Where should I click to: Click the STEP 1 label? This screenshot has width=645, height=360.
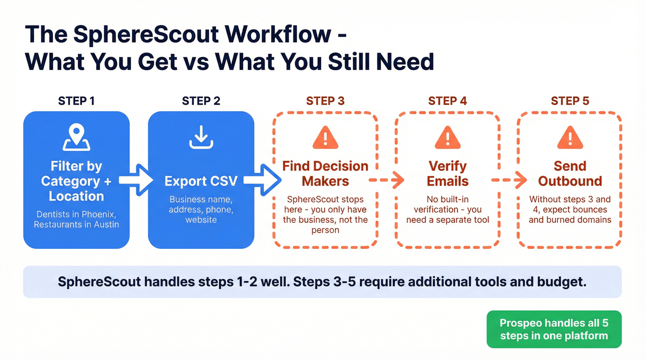point(76,101)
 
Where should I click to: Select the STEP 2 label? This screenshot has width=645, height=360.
point(201,101)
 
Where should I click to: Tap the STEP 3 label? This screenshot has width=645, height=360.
point(325,101)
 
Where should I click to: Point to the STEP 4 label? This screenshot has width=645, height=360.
point(447,101)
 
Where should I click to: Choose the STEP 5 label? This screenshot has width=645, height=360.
point(570,101)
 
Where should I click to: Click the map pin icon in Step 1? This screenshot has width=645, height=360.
point(76,137)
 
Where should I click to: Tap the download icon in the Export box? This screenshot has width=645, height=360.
point(201,137)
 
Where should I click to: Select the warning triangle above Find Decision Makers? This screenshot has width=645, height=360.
point(325,137)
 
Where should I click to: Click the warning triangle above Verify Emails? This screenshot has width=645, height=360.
point(447,137)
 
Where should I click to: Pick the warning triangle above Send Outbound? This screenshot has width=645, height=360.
point(570,137)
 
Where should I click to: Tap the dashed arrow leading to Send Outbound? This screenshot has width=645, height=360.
point(509,181)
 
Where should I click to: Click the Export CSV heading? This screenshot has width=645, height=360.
point(201,181)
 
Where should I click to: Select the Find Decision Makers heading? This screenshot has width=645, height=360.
point(325,173)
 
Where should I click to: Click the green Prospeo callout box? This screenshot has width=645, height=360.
point(554,329)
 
